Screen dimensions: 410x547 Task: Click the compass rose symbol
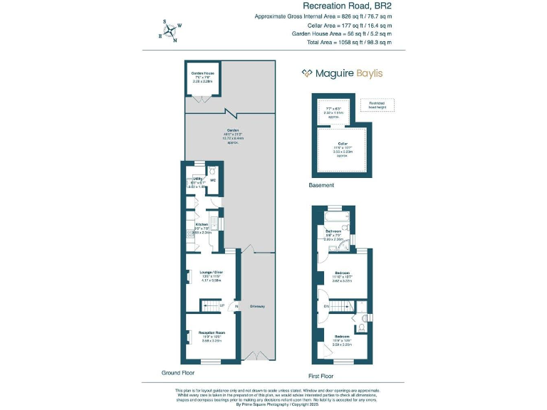pos(167,31)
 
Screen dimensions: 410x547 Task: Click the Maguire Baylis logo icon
pos(306,73)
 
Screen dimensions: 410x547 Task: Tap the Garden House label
pos(203,73)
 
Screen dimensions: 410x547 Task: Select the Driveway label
pos(257,307)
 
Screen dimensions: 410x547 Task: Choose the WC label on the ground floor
pos(213,180)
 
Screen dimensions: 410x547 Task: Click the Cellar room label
pos(342,144)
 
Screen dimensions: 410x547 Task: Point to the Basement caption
pos(321,185)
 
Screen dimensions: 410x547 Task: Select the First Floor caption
pos(321,375)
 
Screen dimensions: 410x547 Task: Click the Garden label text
pos(233,131)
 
